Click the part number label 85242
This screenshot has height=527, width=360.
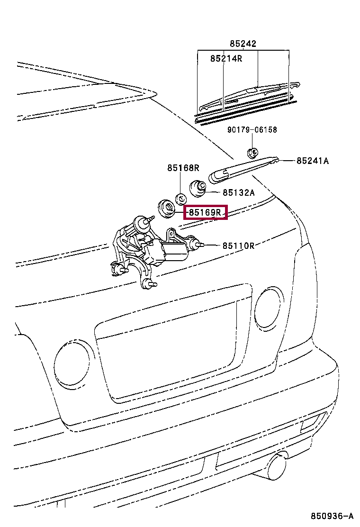point(243,44)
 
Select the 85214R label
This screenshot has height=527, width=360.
point(226,58)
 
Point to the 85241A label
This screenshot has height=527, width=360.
point(313,161)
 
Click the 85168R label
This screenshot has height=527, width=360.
point(183,168)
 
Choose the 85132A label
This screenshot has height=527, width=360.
point(239,192)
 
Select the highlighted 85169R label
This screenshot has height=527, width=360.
point(205,212)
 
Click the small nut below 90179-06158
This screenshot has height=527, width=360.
point(252,152)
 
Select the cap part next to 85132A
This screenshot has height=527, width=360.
point(198,188)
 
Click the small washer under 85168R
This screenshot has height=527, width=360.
point(180,198)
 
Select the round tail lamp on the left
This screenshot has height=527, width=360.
point(72,363)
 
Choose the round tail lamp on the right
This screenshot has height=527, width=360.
point(268,308)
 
